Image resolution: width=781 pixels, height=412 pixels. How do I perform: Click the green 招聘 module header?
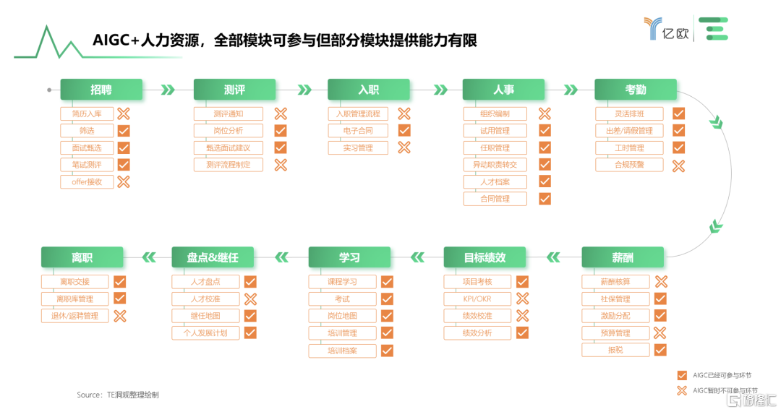click(101, 90)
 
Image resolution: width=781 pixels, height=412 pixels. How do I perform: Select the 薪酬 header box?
click(623, 257)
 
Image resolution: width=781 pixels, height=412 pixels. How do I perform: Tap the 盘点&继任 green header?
click(213, 257)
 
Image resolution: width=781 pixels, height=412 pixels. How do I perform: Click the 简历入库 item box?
click(87, 114)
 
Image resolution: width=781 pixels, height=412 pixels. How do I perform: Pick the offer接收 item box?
click(87, 181)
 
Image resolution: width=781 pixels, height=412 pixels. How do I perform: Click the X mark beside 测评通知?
click(281, 114)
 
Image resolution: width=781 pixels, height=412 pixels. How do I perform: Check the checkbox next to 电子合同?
click(404, 130)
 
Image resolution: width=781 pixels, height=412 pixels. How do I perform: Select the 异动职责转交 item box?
click(495, 165)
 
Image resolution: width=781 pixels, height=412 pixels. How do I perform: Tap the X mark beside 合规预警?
click(678, 166)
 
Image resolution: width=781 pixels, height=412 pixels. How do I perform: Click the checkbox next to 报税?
click(660, 350)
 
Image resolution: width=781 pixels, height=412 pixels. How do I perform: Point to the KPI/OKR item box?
click(477, 299)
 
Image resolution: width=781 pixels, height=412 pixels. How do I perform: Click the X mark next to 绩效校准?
click(523, 315)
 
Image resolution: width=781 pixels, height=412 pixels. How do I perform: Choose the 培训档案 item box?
click(342, 351)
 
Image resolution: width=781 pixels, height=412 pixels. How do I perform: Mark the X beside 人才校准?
click(250, 299)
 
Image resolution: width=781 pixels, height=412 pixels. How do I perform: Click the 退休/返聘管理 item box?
click(74, 315)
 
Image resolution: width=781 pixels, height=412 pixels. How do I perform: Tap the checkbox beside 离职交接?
click(119, 282)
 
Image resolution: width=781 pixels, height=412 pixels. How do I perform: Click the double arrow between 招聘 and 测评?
click(168, 90)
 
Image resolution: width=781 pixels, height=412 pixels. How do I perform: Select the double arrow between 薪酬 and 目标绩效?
click(553, 257)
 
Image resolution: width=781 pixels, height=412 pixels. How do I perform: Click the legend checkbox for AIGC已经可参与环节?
click(682, 375)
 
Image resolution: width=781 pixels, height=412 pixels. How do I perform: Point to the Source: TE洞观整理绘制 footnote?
click(118, 395)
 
